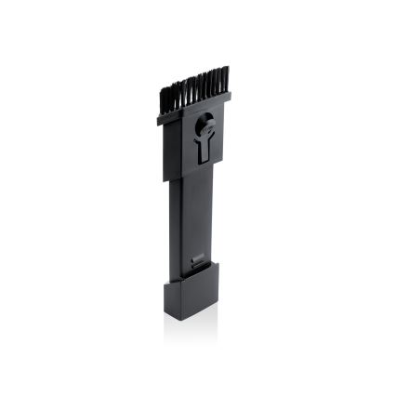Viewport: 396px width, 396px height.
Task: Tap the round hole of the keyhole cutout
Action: click(205, 120)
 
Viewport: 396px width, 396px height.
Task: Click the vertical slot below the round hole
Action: click(205, 148)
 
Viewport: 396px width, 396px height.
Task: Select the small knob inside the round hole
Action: click(206, 119)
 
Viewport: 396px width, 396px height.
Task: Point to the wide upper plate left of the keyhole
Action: click(181, 139)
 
